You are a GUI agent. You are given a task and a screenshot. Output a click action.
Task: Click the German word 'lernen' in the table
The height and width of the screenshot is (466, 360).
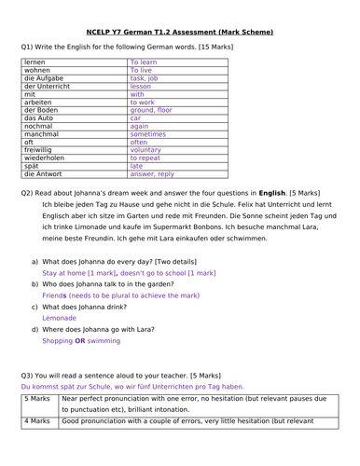coord(36,61)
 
